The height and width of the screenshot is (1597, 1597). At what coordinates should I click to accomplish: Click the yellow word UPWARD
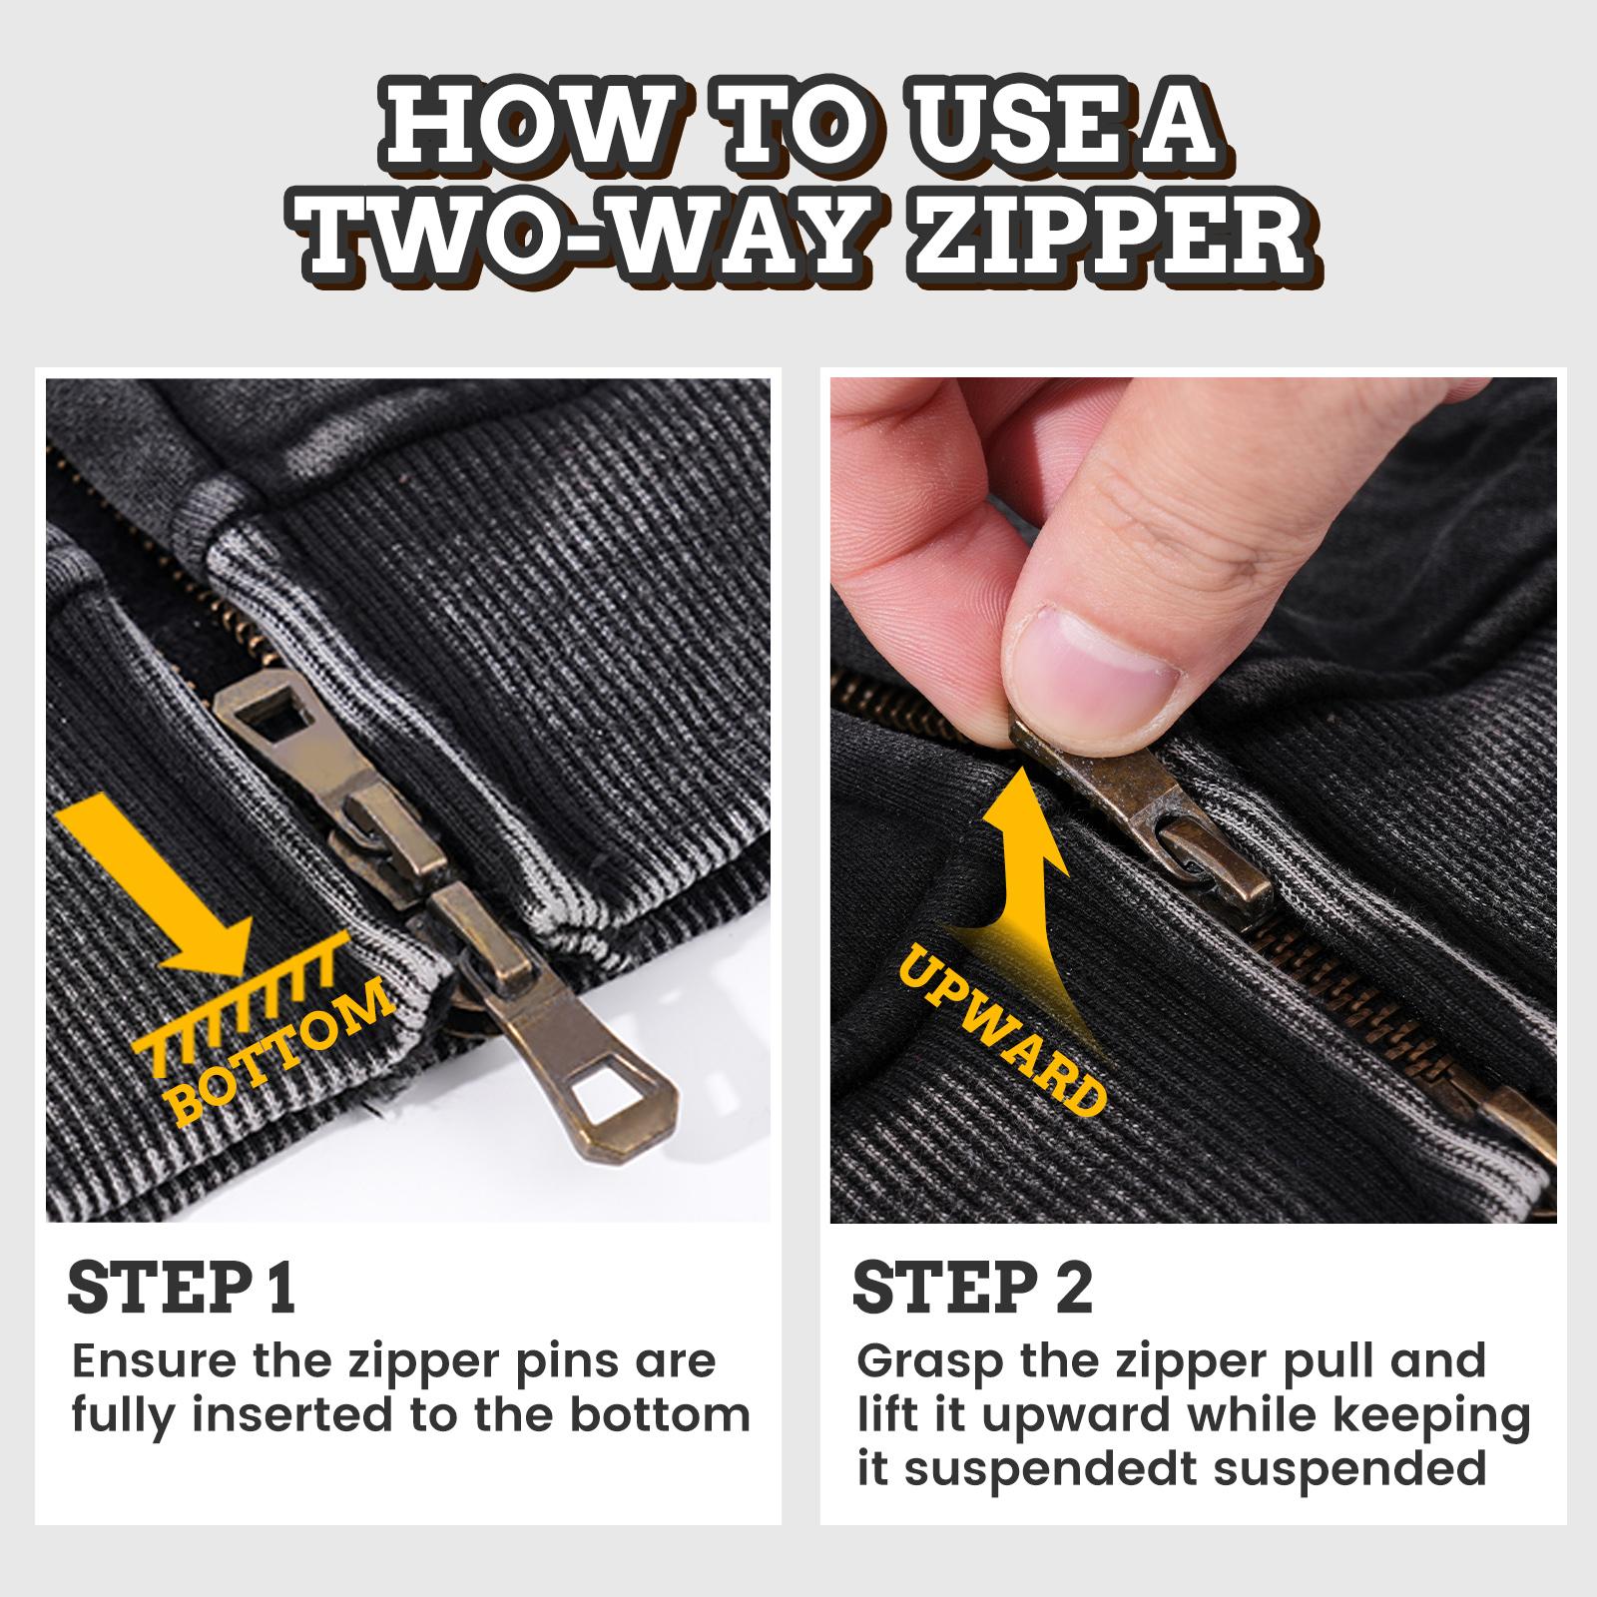pos(1003,1028)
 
